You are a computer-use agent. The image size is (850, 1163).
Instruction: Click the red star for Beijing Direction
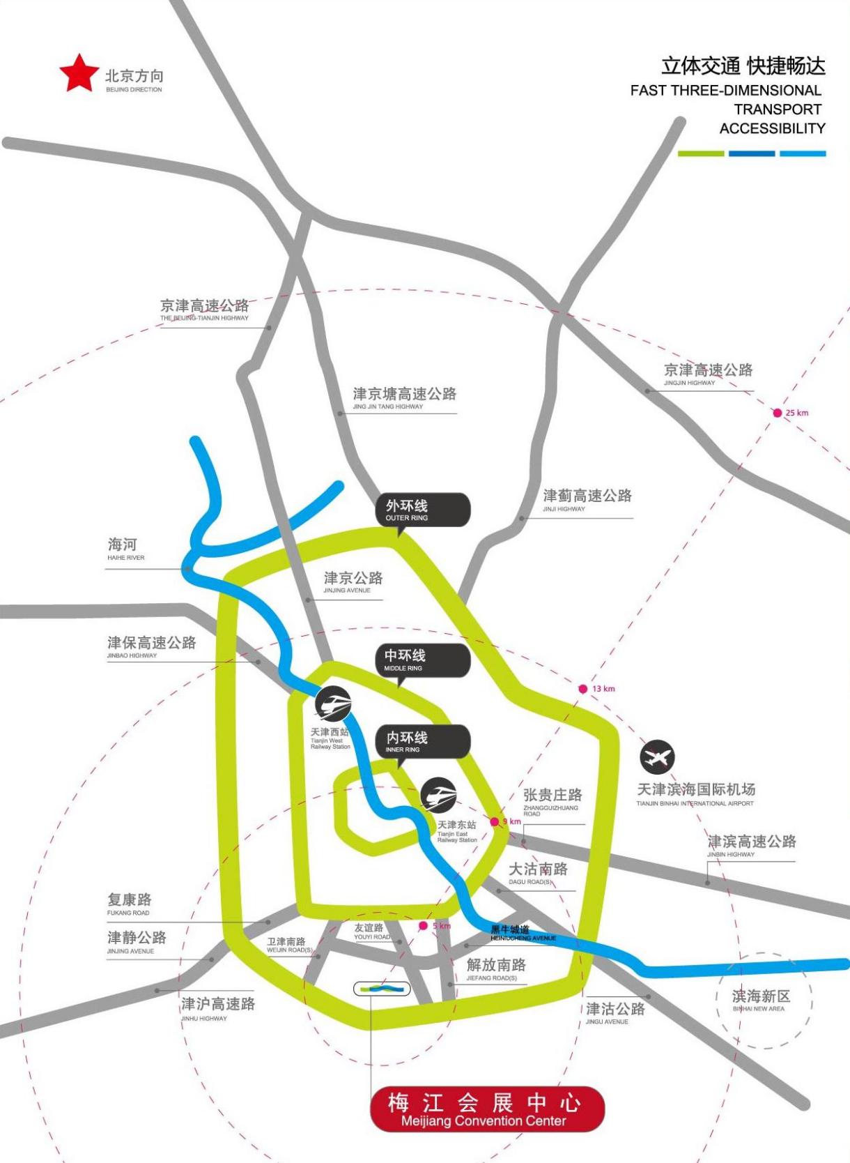79,74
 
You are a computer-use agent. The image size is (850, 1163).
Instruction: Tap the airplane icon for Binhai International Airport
657,757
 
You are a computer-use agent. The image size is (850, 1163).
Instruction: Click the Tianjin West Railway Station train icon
333,704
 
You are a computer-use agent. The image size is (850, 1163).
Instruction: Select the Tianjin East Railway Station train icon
438,795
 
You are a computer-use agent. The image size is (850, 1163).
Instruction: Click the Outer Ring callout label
423,510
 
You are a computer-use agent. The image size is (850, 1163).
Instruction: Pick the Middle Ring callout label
423,660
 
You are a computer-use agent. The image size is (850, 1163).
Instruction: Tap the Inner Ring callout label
423,741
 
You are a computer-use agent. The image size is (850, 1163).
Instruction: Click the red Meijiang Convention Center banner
487,1109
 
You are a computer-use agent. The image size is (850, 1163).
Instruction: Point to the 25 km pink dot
778,413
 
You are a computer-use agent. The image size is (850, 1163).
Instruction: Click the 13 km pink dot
583,689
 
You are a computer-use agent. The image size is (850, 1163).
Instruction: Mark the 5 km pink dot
423,926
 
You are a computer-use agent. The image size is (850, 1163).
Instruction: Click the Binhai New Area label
761,1000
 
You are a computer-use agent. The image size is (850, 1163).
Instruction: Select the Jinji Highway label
587,500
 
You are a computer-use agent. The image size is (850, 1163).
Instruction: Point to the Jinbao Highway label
151,646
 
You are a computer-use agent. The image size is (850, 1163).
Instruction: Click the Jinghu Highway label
218,1008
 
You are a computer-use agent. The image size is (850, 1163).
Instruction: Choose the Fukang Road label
129,904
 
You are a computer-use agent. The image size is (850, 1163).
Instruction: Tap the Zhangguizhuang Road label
552,800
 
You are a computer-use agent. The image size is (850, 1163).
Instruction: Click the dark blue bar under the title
752,153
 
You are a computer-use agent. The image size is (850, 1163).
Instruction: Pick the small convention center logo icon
382,988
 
